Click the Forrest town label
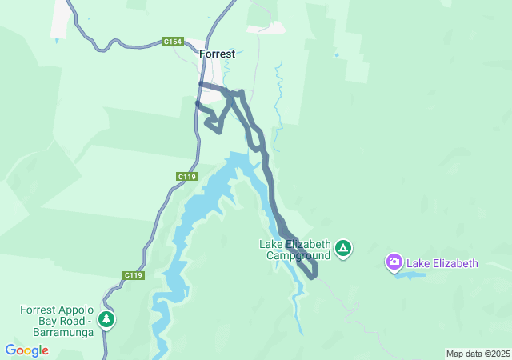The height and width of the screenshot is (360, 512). click(217, 54)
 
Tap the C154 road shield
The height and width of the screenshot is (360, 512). click(171, 41)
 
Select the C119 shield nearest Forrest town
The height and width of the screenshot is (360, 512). click(186, 176)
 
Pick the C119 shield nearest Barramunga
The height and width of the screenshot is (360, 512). click(134, 275)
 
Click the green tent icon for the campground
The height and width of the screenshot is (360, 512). click(343, 249)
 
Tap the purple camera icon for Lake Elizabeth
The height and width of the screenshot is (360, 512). click(394, 262)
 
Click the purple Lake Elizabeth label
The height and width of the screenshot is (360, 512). click(442, 263)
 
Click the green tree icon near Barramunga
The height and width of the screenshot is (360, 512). click(106, 320)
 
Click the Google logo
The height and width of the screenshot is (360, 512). click(26, 350)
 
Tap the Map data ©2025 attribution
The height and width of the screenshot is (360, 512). click(478, 354)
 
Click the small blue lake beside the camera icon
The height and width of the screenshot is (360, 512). click(410, 275)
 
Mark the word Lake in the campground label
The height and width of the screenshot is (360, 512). click(270, 244)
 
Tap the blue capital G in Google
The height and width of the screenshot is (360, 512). click(10, 350)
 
